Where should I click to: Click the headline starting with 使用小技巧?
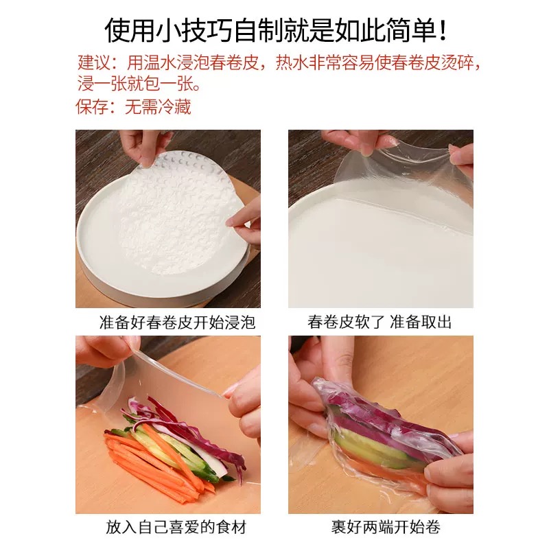pos(276,30)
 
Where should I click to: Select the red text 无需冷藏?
pos(158,106)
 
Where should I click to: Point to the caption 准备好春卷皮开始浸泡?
pos(177,322)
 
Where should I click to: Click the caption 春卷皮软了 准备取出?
pos(380,322)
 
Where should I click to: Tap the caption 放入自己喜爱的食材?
pos(176,527)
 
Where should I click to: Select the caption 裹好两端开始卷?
pos(386,527)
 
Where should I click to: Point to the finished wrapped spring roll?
pos(382,427)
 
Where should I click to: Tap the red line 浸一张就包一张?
pos(139,84)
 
